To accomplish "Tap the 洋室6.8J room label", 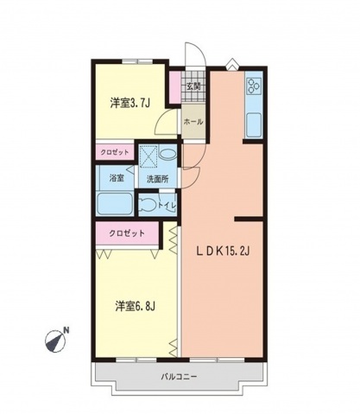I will pos(136,305).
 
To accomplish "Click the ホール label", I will pos(193,122).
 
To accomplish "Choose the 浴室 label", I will pos(116,179).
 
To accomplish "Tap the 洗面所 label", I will pos(157,180).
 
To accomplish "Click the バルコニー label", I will pos(180,378).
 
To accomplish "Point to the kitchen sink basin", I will pos(256,124).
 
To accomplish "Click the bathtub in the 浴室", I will pos(114,206).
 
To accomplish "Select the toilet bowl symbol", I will pos(150,206).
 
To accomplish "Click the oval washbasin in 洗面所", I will pos(169,155).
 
